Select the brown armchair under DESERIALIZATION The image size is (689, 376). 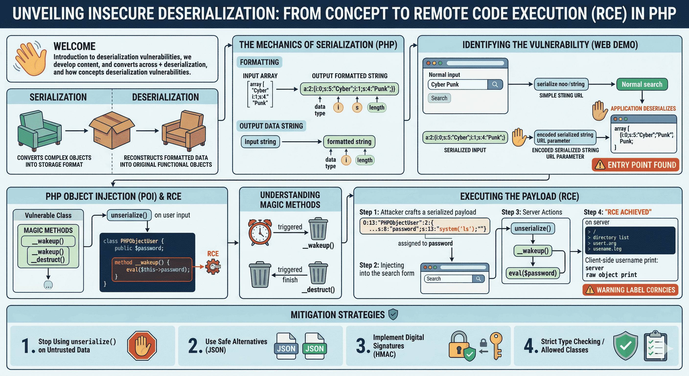(x=184, y=131)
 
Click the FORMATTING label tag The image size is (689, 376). (x=259, y=62)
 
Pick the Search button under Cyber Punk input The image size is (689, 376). (x=439, y=98)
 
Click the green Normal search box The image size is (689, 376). (x=642, y=84)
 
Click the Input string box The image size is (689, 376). (x=260, y=141)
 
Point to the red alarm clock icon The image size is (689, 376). (x=260, y=232)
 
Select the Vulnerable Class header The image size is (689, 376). (x=48, y=215)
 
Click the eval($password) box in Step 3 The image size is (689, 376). (x=532, y=273)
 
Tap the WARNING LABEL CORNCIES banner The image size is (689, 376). (x=630, y=290)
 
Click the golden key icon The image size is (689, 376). (x=496, y=345)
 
